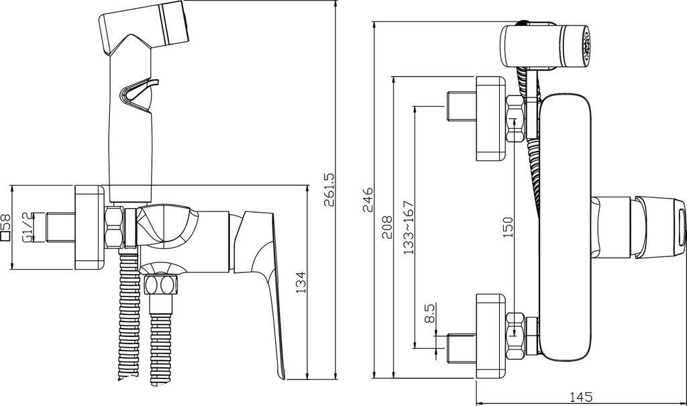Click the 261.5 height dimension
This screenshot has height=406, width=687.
[329, 189]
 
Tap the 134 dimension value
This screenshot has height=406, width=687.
[301, 283]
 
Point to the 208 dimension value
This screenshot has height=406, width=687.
[388, 227]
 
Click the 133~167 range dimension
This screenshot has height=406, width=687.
[409, 227]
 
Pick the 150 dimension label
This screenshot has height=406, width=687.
[507, 227]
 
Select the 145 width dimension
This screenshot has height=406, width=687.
[582, 397]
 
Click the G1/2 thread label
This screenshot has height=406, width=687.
[27, 227]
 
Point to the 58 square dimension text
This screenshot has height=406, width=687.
[5, 227]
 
